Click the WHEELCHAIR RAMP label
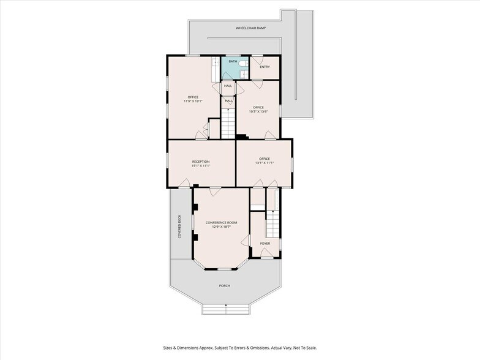251,28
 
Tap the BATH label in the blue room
233,61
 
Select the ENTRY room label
264,67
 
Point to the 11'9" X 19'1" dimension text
193,101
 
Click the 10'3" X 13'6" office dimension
258,111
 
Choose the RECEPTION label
201,162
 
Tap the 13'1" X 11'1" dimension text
264,163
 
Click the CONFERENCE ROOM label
222,223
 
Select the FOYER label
265,244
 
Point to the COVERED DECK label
180,227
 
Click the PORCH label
224,285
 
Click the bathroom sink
244,73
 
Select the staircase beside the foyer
273,224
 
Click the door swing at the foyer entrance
265,253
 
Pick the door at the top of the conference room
216,191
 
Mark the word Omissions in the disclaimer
260,348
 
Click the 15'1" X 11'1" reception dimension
201,165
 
